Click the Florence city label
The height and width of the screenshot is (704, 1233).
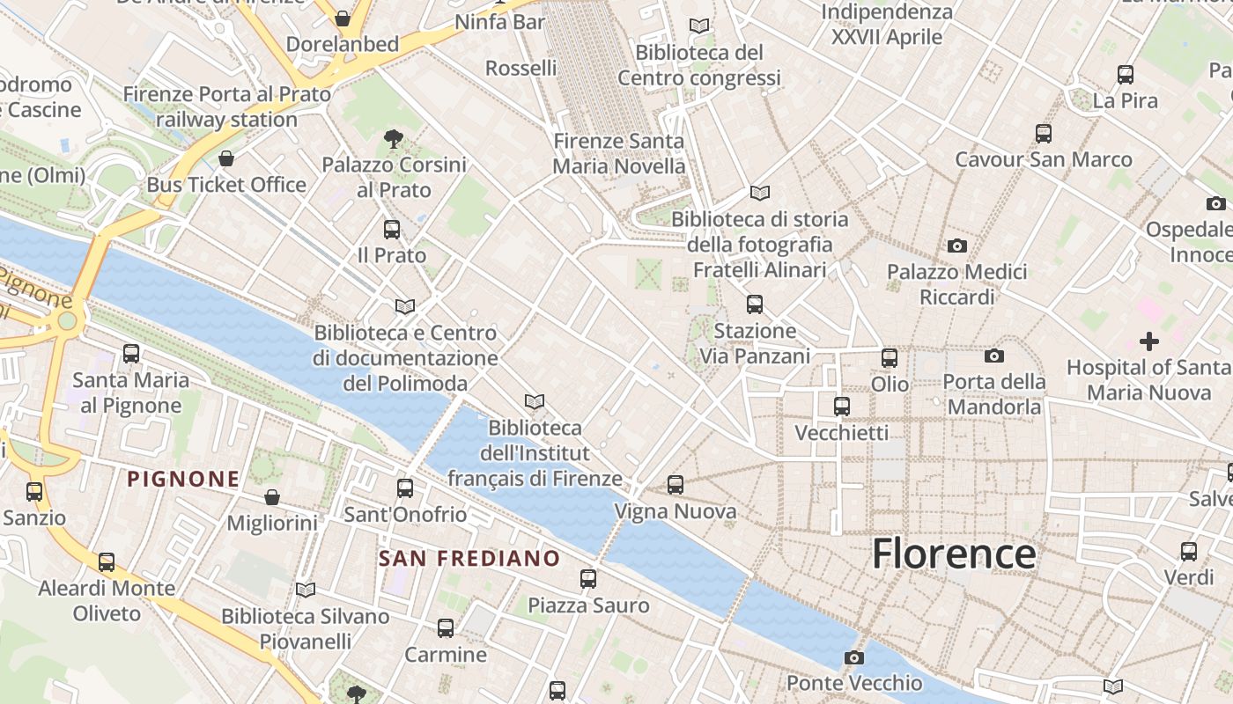point(954,554)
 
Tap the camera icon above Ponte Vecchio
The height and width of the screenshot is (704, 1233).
point(853,657)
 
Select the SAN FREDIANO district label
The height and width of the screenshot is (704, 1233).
point(469,558)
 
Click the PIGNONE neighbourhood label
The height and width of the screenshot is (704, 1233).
point(183,479)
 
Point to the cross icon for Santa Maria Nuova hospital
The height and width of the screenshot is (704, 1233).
point(1148,341)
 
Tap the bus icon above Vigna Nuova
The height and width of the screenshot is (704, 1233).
point(676,485)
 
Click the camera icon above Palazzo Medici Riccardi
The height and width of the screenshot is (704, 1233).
point(957,246)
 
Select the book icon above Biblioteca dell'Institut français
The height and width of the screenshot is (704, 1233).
point(535,402)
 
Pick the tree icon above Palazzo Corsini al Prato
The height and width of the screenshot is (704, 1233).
point(394,138)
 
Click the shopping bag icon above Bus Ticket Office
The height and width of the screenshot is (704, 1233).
point(226,158)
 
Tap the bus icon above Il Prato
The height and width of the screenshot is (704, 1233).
point(392,230)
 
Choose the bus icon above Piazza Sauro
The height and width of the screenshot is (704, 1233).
point(588,579)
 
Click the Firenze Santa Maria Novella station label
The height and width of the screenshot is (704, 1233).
point(618,153)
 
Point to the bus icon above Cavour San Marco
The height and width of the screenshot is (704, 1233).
point(1044,134)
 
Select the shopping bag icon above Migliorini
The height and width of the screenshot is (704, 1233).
point(272,497)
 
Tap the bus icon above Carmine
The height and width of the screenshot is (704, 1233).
point(446,628)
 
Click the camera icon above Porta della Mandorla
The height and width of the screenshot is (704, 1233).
point(994,356)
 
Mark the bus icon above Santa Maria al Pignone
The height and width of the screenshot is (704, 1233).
point(131,354)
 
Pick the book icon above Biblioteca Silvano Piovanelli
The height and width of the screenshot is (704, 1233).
point(306,590)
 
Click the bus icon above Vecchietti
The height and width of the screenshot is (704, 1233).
point(842,407)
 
